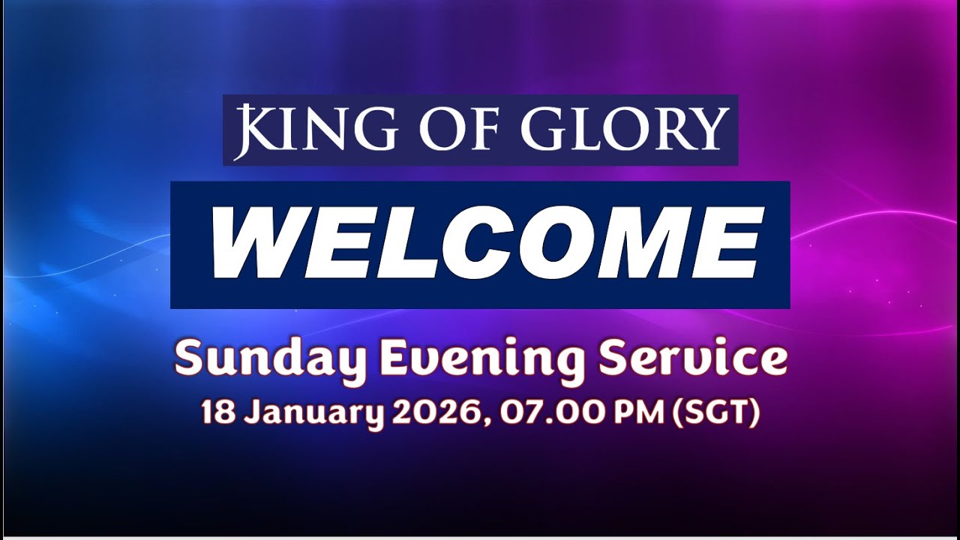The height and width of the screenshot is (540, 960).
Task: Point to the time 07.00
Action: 547,413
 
